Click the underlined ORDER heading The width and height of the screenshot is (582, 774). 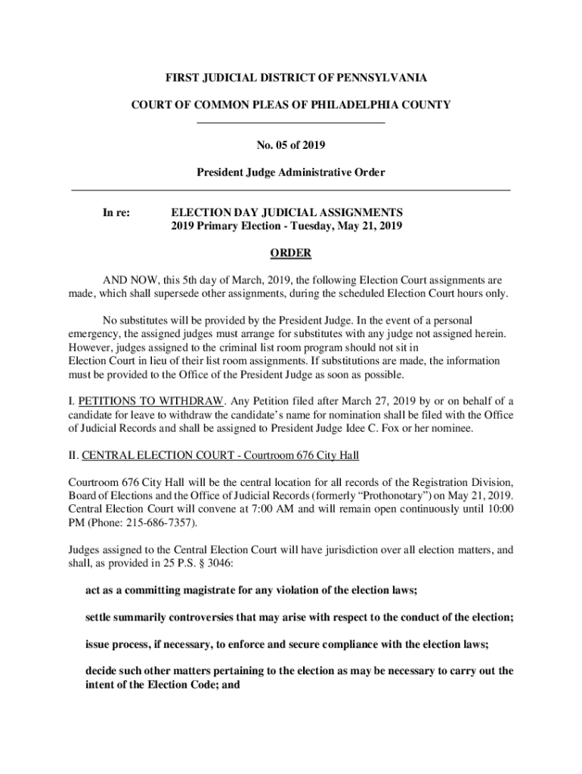290,252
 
